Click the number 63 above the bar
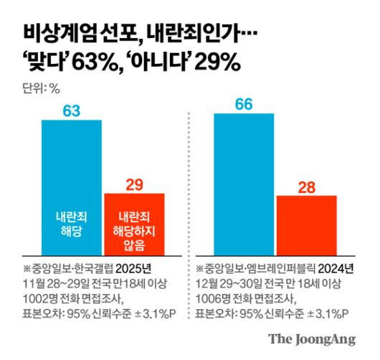72,110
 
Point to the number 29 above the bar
134,184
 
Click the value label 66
244,104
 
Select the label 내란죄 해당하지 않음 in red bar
134,230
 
